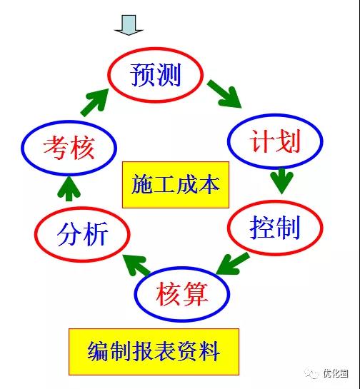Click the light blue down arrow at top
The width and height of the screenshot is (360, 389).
click(x=129, y=25)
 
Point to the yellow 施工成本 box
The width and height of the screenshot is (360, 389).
click(x=176, y=185)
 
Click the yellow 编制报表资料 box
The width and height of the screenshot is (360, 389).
click(x=154, y=352)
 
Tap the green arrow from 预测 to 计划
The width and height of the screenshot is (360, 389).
click(x=224, y=94)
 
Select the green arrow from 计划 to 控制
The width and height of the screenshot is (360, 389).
click(x=282, y=181)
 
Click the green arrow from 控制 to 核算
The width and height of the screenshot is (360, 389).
click(x=233, y=263)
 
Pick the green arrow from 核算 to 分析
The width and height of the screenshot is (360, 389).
click(x=137, y=266)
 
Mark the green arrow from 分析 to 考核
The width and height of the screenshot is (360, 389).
click(x=69, y=188)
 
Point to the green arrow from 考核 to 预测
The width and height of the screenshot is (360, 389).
click(x=94, y=102)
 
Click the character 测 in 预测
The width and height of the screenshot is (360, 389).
click(x=169, y=75)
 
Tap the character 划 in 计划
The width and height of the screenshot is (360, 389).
click(x=289, y=141)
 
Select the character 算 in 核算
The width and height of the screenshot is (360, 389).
click(x=196, y=294)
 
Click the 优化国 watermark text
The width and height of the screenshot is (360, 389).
click(x=336, y=373)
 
